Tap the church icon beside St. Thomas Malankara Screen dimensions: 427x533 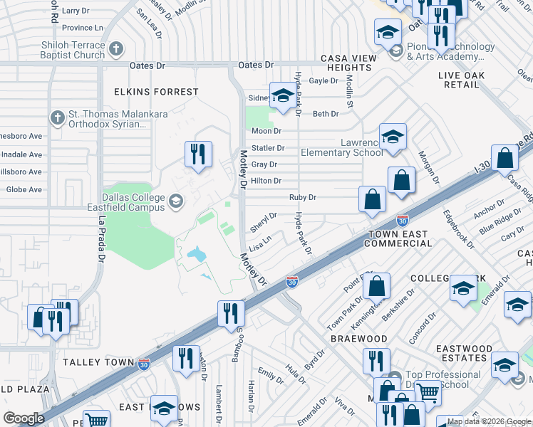[58, 116]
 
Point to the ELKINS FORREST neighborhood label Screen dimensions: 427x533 [157, 92]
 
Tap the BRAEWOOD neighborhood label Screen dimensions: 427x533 [358, 339]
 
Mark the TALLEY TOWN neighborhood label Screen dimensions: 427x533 [99, 362]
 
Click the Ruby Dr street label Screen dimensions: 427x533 [302, 197]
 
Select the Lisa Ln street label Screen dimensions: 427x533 [260, 243]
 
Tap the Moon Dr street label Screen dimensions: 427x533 [266, 131]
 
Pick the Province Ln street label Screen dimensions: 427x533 [83, 28]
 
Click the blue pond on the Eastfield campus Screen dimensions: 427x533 [195, 253]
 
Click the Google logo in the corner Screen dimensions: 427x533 [24, 418]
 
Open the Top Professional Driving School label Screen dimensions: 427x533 [442, 380]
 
